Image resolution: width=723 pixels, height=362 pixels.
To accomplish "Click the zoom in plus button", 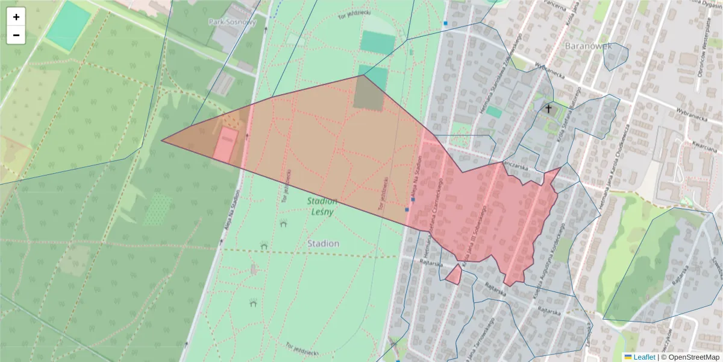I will pos(16,17).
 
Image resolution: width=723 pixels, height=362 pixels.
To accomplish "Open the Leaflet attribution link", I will pos(644,357).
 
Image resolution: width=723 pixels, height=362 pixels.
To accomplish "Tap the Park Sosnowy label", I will pos(233,22).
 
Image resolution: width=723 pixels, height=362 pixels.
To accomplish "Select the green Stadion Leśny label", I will pos(322,206).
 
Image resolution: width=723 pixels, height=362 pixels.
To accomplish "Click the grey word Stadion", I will pos(323,244).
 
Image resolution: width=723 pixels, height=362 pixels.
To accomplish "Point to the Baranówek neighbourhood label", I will pos(588,45).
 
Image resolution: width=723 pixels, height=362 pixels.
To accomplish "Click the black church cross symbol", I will pos(548,109).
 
